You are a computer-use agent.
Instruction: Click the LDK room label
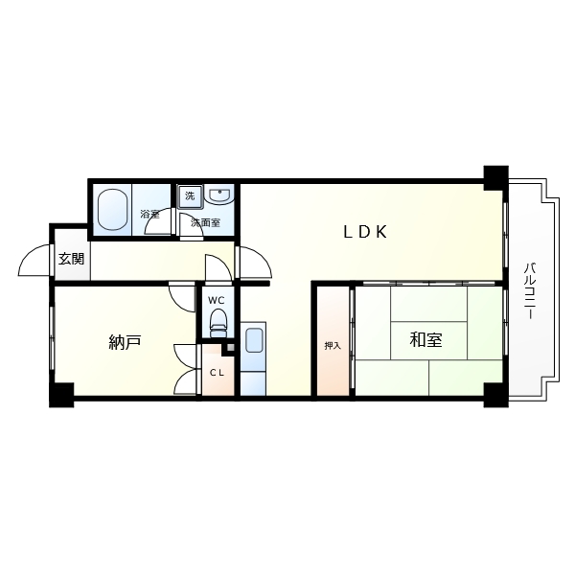(x=365, y=232)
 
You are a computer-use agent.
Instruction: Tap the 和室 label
(x=425, y=340)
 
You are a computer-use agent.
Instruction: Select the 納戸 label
(x=125, y=342)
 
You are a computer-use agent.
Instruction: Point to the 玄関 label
(x=71, y=259)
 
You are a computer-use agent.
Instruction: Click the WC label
(x=217, y=300)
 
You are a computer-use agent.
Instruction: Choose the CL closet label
(x=217, y=373)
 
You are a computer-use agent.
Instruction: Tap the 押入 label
(x=333, y=345)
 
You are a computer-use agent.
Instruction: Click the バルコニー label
(x=529, y=290)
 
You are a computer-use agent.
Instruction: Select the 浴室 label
(x=150, y=215)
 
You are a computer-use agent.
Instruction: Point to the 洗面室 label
(x=205, y=222)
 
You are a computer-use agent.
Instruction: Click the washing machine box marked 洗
(x=190, y=196)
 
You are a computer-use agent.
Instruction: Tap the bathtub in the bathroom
(x=112, y=209)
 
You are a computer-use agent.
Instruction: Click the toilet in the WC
(x=218, y=322)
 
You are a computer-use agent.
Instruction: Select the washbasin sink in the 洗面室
(x=219, y=195)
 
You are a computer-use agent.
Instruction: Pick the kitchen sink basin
(x=254, y=340)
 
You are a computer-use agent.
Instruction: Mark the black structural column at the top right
(x=495, y=178)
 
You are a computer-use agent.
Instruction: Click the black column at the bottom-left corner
(x=61, y=395)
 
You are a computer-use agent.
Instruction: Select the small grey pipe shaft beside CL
(x=230, y=347)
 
